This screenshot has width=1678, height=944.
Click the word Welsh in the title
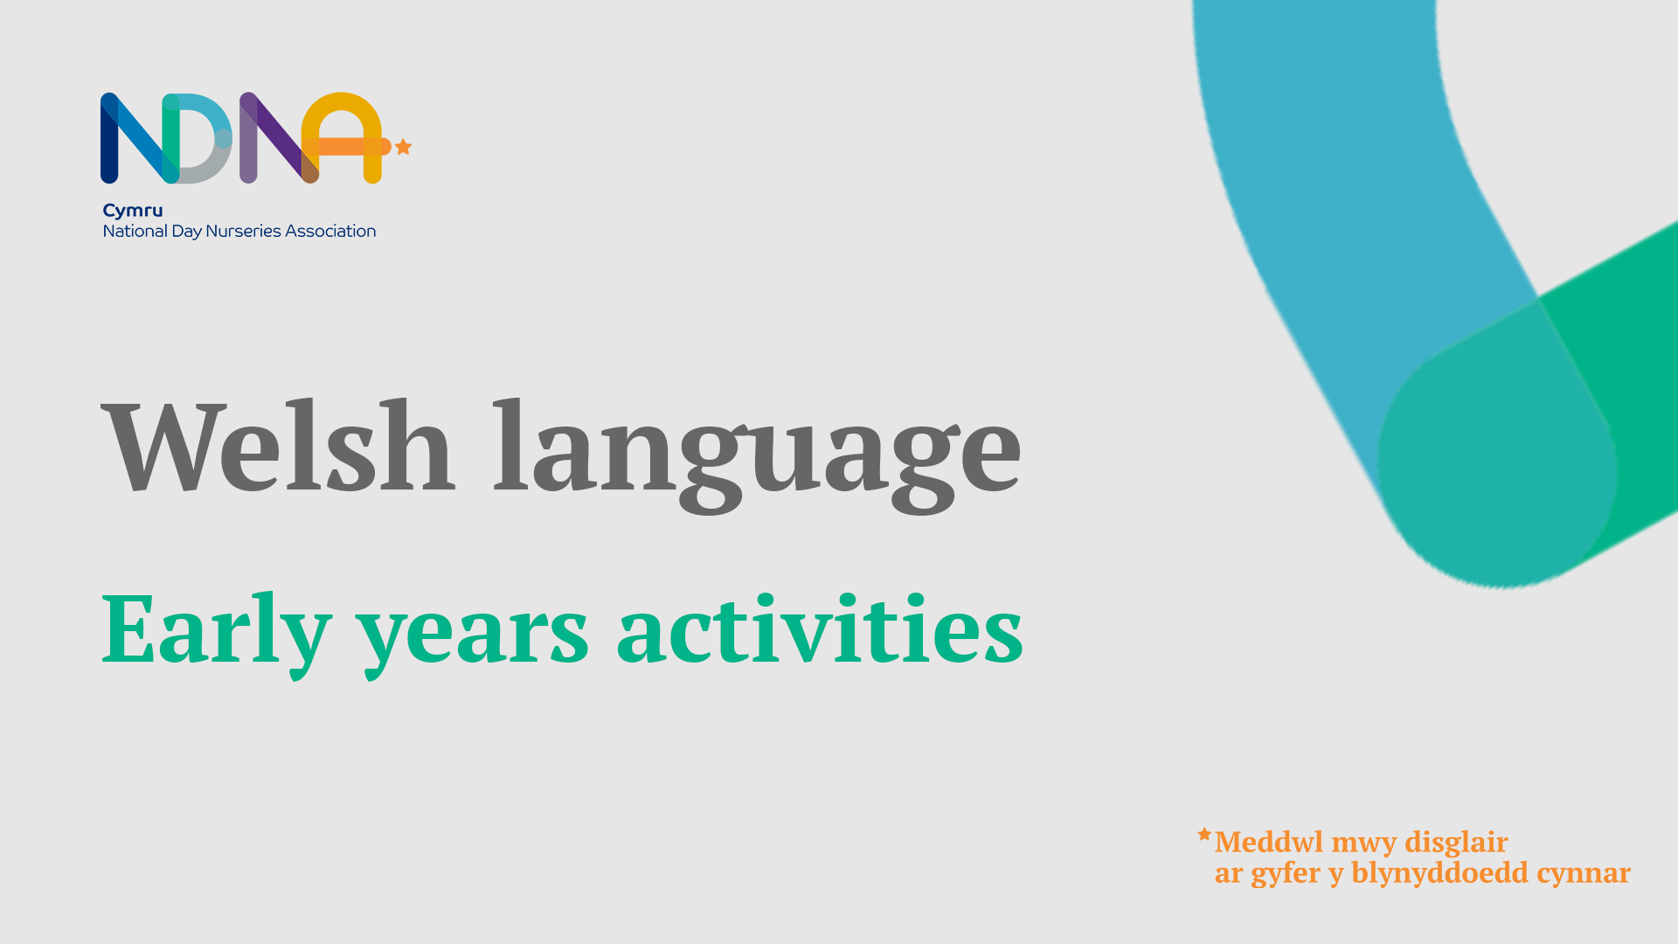[278, 448]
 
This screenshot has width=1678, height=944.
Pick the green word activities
[820, 629]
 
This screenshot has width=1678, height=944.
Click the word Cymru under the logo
[133, 211]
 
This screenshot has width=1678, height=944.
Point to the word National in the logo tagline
[135, 231]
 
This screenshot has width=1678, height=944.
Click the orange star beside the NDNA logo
[403, 147]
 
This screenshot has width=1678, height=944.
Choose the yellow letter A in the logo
[343, 138]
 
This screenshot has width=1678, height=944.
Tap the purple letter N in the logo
[274, 138]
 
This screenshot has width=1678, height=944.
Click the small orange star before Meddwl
[1204, 835]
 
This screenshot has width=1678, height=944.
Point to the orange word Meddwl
[1269, 842]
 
